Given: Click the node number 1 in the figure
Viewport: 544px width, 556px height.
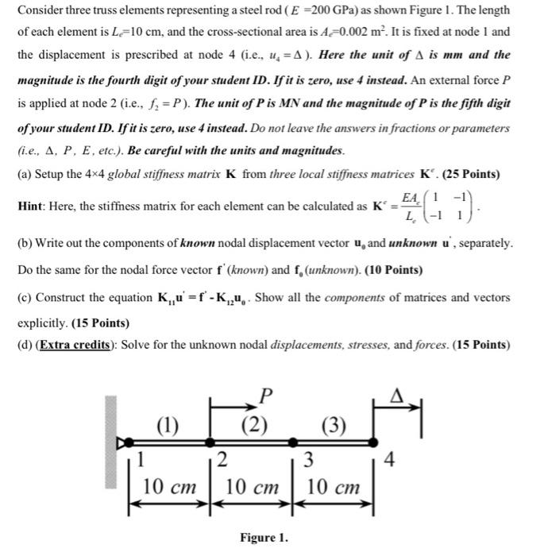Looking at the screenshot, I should click(141, 458).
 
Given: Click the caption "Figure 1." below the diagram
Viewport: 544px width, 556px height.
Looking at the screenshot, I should click(264, 538).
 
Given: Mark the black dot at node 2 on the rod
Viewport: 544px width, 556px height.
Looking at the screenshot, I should click(209, 440).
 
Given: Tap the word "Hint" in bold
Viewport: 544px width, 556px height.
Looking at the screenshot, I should click(33, 207).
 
